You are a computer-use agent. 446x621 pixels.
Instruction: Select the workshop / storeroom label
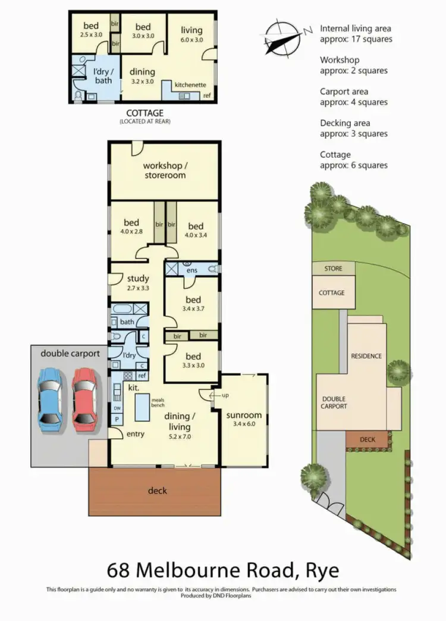(164, 170)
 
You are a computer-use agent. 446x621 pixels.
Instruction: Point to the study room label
(138, 283)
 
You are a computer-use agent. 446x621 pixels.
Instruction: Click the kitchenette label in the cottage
(190, 85)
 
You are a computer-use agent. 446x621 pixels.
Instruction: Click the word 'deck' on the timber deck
(158, 491)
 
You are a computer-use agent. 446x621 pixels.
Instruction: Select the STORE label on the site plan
(334, 269)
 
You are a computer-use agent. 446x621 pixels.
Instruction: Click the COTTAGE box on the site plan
(332, 292)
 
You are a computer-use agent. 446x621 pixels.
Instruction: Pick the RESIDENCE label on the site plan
(366, 356)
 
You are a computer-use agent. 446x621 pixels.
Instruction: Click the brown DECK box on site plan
(368, 440)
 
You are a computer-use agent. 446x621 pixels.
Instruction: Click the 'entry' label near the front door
(135, 434)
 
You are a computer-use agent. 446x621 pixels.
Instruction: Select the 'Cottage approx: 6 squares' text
(353, 160)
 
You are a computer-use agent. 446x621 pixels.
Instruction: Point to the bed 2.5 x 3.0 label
(91, 30)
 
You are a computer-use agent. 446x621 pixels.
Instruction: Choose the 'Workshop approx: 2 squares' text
(353, 65)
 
